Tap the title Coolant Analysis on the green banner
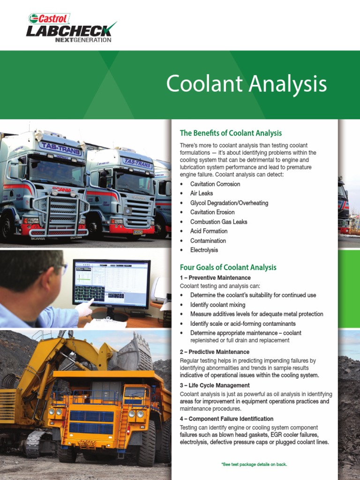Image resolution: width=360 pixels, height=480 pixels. pos(246,84)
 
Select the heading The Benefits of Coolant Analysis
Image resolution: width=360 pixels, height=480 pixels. pos(231,133)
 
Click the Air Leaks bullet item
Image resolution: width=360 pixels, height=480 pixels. pos(202,193)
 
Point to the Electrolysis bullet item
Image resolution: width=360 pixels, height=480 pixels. pos(204,250)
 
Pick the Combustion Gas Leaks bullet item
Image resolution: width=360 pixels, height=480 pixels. pos(218,222)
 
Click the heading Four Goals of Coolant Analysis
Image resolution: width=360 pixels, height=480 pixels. pos(228,267)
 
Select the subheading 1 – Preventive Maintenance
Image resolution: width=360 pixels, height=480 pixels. pos(215,278)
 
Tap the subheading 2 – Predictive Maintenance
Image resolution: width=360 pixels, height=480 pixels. pos(215,352)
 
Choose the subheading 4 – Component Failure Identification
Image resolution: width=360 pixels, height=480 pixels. pos(226,419)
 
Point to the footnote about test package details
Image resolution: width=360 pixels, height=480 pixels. pos(254,464)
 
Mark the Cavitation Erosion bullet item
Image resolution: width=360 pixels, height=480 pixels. pos(215,212)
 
